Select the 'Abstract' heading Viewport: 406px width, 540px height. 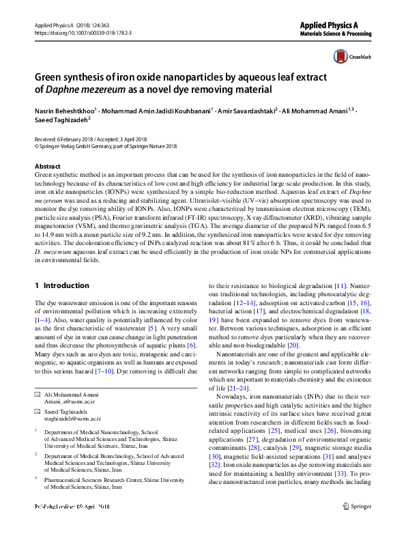point(47,167)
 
